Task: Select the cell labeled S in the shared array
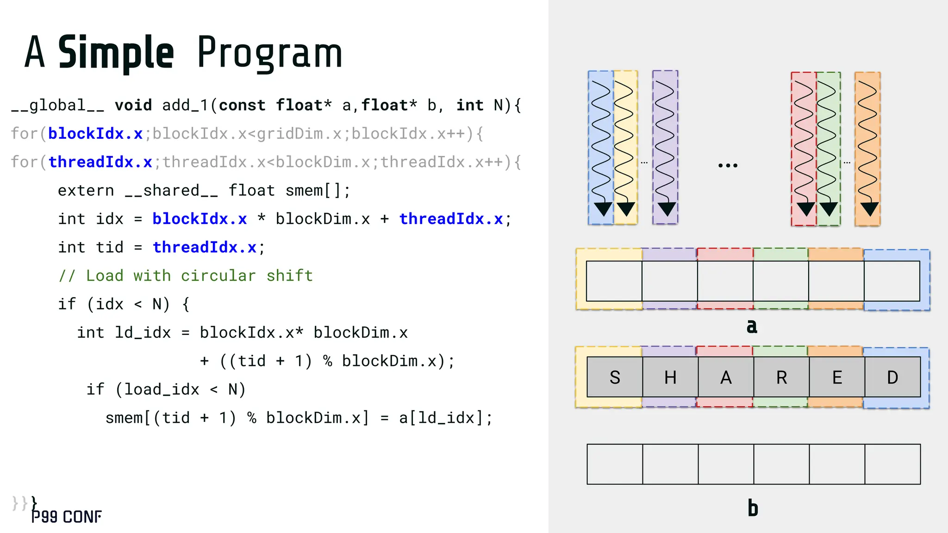[x=615, y=377]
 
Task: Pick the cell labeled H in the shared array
[x=670, y=377]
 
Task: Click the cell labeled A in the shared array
[x=726, y=377]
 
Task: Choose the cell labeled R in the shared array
[x=781, y=377]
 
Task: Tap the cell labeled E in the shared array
[x=837, y=377]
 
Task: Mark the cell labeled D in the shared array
[x=892, y=377]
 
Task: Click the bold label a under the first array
[x=752, y=326]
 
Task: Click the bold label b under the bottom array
[x=753, y=508]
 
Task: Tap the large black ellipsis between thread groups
[x=728, y=165]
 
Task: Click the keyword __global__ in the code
[x=57, y=105]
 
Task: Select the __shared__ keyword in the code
[x=171, y=191]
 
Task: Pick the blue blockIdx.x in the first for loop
[x=95, y=134]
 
